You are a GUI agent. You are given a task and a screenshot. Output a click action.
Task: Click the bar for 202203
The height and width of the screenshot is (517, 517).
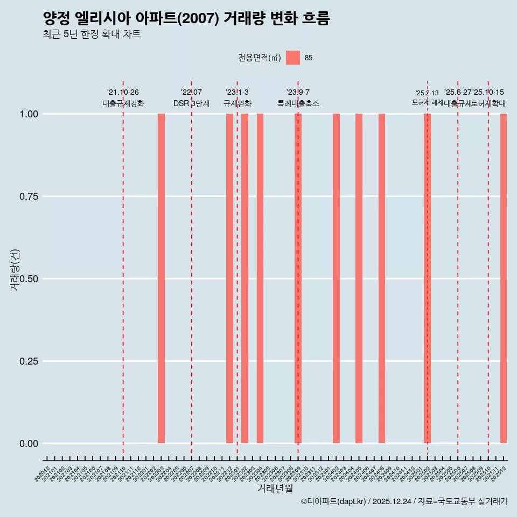161,278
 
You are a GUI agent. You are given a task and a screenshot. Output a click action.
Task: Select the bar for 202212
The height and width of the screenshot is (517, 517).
229,278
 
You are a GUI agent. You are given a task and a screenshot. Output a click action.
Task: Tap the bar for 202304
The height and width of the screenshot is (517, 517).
260,278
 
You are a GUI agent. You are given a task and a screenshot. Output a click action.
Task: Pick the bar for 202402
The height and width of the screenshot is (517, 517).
336,278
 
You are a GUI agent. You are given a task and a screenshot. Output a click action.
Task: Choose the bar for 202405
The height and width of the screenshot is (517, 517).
359,278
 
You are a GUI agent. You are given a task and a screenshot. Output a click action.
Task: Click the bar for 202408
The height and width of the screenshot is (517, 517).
382,278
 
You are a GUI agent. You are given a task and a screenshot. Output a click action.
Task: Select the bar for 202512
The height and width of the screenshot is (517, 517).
504,278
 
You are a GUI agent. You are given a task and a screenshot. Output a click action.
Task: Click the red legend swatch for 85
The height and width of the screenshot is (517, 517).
293,58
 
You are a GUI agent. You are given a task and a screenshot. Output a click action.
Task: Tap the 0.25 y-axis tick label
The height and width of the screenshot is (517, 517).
29,361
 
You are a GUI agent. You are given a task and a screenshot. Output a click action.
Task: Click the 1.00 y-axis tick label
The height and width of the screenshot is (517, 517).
29,114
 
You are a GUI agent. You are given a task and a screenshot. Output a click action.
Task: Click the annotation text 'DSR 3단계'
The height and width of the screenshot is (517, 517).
191,103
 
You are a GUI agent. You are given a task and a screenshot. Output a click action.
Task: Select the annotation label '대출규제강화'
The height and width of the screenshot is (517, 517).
123,103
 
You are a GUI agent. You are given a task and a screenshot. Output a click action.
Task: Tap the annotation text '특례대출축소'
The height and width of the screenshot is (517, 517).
298,103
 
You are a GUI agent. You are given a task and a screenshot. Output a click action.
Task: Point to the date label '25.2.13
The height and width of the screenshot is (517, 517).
427,93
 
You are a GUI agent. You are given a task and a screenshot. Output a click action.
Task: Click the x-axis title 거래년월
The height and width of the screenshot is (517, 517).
275,488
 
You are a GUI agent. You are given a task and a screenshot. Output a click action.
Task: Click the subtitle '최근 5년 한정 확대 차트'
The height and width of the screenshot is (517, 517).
92,34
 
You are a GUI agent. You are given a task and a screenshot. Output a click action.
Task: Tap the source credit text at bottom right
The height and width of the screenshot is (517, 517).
404,501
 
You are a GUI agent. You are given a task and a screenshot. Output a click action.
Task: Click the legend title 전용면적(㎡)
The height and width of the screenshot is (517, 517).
259,58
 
